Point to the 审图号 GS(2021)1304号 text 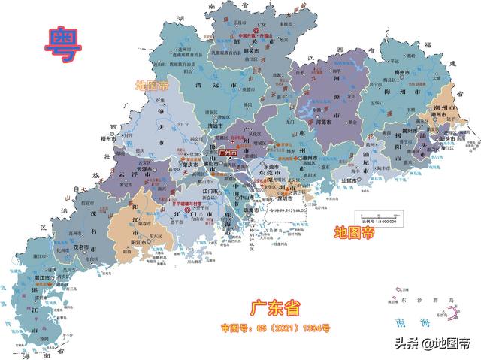point(275,328)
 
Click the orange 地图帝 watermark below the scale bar point(354,233)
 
